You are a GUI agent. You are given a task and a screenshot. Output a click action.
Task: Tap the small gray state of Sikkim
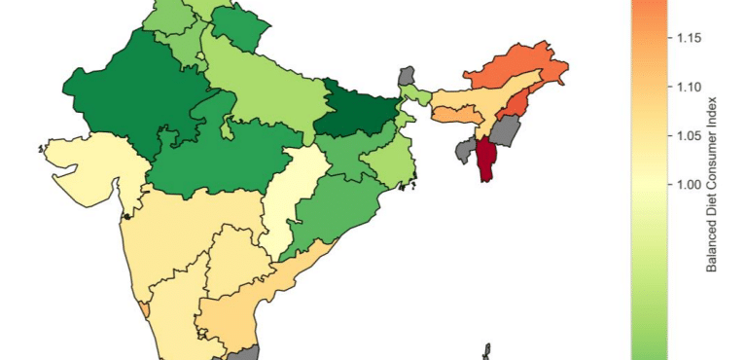coord(408,76)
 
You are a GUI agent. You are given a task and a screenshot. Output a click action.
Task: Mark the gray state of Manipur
coord(506,130)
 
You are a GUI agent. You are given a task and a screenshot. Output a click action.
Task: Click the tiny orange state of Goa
coord(145,307)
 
